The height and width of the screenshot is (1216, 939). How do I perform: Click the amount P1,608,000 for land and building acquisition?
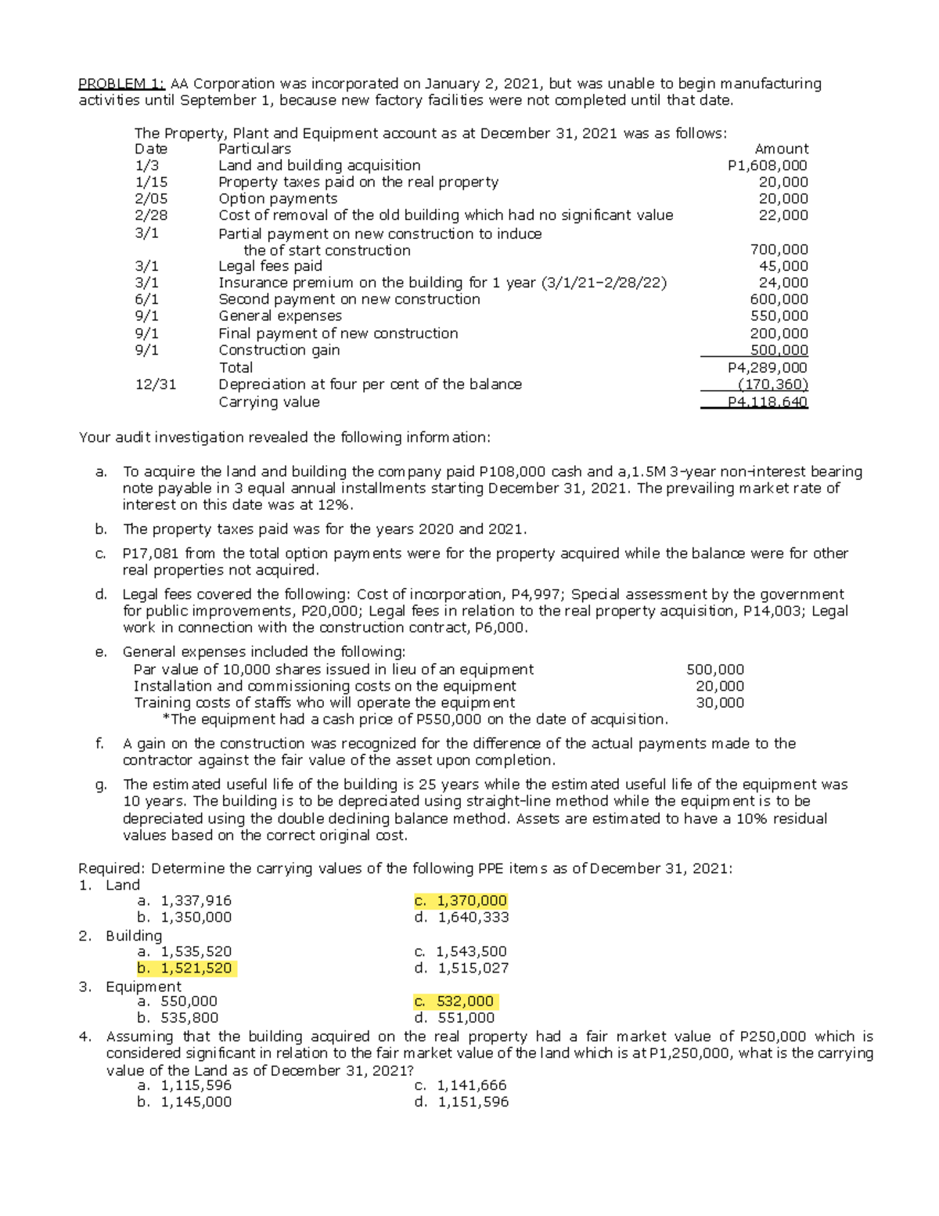[x=767, y=165]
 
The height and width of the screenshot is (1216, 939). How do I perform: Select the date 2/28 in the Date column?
[x=151, y=215]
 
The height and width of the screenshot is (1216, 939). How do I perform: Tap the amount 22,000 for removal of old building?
[x=783, y=215]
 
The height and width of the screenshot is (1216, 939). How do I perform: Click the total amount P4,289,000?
[x=767, y=367]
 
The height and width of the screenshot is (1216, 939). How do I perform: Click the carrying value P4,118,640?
[x=767, y=402]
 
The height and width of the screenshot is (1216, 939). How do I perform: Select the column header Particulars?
[x=254, y=149]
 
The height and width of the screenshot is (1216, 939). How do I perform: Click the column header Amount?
[x=781, y=149]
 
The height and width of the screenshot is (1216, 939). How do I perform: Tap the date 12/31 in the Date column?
[x=156, y=384]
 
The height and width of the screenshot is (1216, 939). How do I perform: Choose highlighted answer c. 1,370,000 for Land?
[x=461, y=900]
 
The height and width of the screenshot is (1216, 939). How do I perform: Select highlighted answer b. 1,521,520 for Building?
[x=185, y=968]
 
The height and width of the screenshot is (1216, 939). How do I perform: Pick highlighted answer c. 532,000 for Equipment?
[x=455, y=1001]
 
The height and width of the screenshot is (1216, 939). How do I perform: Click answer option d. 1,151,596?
[x=462, y=1102]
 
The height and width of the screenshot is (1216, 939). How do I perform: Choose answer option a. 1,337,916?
[x=185, y=900]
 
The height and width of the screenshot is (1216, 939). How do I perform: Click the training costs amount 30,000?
[x=720, y=702]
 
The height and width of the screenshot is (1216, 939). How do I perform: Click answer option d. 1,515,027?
[x=462, y=968]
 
